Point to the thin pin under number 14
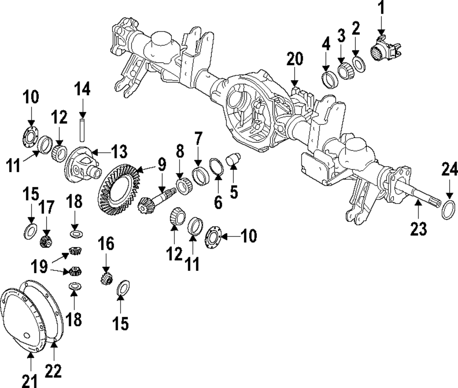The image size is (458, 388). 82,130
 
